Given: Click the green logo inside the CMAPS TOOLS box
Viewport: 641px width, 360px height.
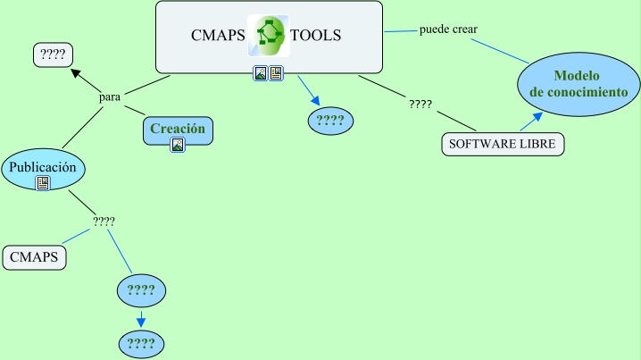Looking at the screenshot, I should pos(268,35).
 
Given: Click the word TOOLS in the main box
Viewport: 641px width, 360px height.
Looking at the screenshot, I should pos(315,36).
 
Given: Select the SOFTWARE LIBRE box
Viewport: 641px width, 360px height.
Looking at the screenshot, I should pos(504,144).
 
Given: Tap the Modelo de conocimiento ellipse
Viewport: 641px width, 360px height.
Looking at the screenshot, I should pos(579,84).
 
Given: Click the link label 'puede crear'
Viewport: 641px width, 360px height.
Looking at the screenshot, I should pos(448,29).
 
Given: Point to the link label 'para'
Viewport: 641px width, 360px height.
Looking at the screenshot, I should pos(110,96).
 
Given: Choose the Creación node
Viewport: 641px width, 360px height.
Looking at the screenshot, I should pos(178,130).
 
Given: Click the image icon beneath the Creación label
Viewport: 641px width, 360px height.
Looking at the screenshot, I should pos(178,145).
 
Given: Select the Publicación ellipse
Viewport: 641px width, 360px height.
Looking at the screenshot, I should pos(44,167).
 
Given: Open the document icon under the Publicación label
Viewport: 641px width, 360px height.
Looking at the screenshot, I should pos(43,183).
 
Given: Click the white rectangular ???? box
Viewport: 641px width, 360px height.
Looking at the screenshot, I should pos(53,54).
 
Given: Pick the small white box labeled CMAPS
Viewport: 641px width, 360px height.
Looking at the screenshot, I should pos(35,257).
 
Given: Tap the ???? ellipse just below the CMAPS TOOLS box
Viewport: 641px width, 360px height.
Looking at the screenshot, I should pos(330,121).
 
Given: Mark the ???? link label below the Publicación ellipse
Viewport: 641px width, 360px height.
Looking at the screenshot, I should pos(104,221).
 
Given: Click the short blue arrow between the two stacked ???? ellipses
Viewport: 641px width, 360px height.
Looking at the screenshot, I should pos(141,317).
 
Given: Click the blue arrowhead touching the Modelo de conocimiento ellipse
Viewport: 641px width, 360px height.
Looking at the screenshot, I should pos(537,116).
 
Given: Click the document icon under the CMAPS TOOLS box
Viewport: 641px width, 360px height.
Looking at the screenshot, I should pos(276,73).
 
